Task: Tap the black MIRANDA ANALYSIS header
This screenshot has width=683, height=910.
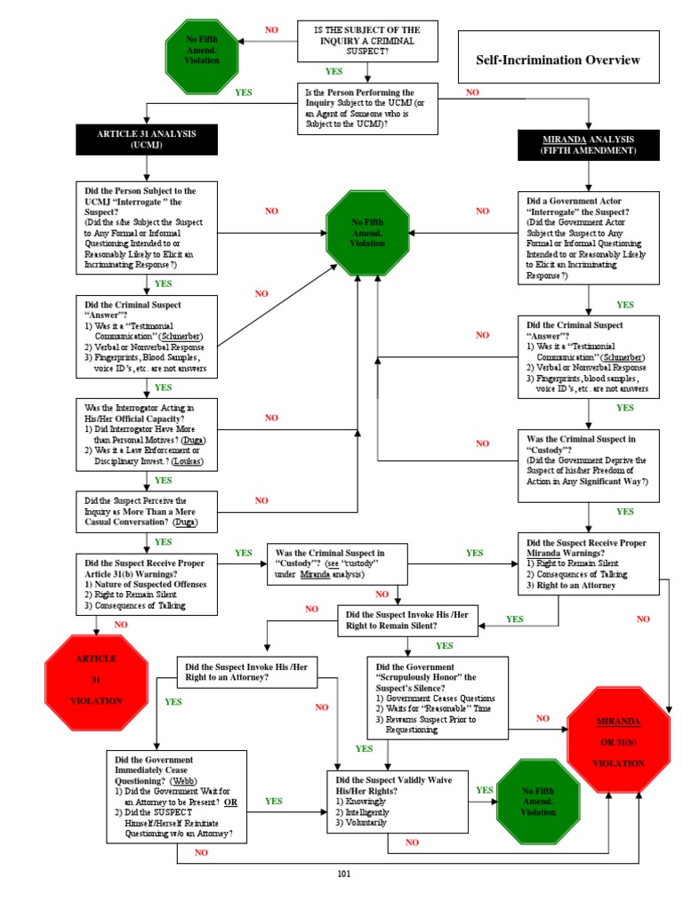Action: pyautogui.click(x=588, y=145)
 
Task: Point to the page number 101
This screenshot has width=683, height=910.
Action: pyautogui.click(x=344, y=874)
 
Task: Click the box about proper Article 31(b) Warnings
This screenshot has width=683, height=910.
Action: pyautogui.click(x=147, y=584)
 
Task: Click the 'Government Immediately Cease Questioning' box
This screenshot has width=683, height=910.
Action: pyautogui.click(x=177, y=796)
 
